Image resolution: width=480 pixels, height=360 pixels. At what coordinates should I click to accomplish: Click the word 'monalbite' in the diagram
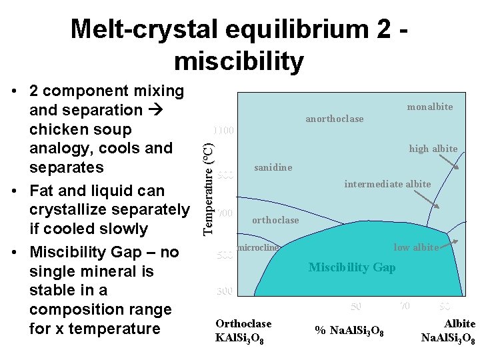point(429,107)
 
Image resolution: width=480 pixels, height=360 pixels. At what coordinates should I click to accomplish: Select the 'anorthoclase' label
point(334,119)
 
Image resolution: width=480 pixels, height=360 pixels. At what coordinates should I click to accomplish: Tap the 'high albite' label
point(433,149)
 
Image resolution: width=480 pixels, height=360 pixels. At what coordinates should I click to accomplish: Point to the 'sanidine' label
point(273,167)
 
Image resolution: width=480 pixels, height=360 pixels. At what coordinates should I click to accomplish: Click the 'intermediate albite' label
point(387,184)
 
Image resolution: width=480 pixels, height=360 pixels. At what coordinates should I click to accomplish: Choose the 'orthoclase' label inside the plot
point(275,220)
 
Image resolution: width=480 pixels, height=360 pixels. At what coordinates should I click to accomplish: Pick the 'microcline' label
point(257,248)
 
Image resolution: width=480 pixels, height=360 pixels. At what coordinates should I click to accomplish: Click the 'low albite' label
point(416,247)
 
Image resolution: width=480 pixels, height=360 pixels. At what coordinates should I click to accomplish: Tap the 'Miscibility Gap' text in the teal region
point(351,267)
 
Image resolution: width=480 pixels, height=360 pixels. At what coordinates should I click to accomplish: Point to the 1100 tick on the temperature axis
point(223,131)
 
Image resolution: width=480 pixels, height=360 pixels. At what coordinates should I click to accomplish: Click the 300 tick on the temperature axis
point(225,291)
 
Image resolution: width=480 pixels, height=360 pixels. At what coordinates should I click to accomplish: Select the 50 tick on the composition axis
point(356,306)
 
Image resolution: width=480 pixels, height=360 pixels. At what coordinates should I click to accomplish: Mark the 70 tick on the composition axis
point(405,306)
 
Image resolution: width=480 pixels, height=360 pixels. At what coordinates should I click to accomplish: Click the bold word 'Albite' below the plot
point(459,323)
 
